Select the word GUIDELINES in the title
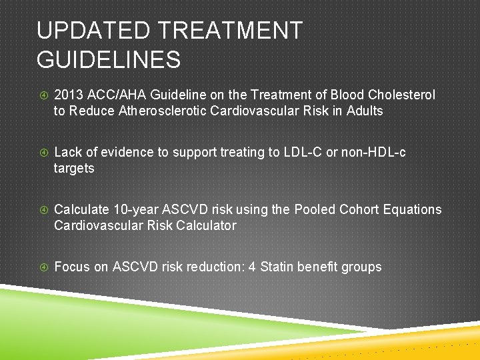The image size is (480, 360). click(109, 60)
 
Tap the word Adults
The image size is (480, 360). click(365, 111)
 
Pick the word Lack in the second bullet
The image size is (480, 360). click(67, 152)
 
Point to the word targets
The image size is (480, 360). click(74, 168)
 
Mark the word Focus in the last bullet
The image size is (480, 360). click(72, 267)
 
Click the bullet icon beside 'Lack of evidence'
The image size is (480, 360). click(42, 153)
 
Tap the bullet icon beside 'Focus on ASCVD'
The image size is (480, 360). click(42, 267)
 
